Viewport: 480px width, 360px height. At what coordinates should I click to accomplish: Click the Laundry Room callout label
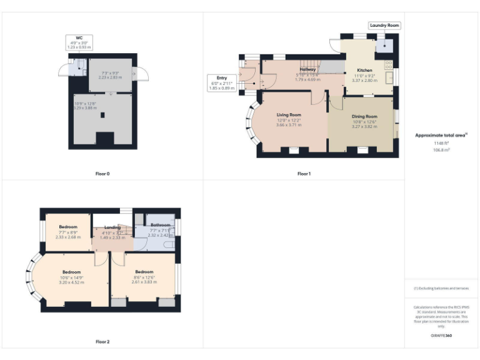[384, 26]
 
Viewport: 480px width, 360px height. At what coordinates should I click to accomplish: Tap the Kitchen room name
[364, 70]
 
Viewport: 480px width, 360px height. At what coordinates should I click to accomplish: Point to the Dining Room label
[364, 116]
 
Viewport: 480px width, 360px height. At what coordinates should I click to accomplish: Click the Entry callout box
[221, 82]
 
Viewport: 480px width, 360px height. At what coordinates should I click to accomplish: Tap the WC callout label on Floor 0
[79, 42]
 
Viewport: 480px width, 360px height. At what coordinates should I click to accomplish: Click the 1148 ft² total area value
[441, 143]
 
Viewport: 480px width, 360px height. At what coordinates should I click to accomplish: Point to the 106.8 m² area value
[441, 149]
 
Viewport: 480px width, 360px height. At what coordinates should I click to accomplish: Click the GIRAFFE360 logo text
[441, 336]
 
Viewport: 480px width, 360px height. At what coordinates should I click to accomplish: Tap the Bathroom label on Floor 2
[161, 225]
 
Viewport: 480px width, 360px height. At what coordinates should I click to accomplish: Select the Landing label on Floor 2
[112, 227]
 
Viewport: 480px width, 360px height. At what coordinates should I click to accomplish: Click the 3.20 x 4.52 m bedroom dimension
[71, 282]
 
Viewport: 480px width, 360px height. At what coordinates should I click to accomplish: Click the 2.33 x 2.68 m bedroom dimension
[68, 237]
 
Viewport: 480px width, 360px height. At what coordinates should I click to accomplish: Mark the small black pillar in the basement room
[105, 115]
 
